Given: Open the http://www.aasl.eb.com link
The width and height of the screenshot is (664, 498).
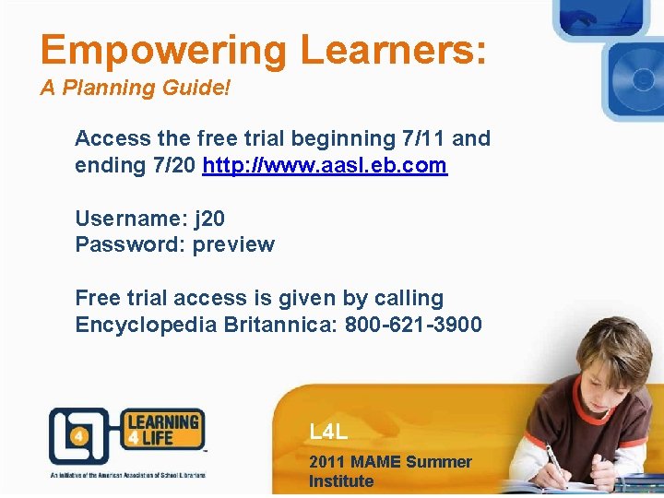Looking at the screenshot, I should point(325,166).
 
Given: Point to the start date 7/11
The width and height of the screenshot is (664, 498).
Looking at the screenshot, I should point(421,138).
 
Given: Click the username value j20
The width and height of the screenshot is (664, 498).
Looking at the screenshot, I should point(209,219).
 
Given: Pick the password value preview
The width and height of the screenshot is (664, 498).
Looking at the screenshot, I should point(233,244).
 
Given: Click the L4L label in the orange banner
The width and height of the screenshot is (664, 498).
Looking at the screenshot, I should point(329,431).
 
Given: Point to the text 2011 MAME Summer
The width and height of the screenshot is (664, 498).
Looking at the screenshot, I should point(390,462).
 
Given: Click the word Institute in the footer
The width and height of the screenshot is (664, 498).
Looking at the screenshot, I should point(341,481).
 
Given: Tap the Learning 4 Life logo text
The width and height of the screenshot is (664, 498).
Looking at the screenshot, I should point(163,431).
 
